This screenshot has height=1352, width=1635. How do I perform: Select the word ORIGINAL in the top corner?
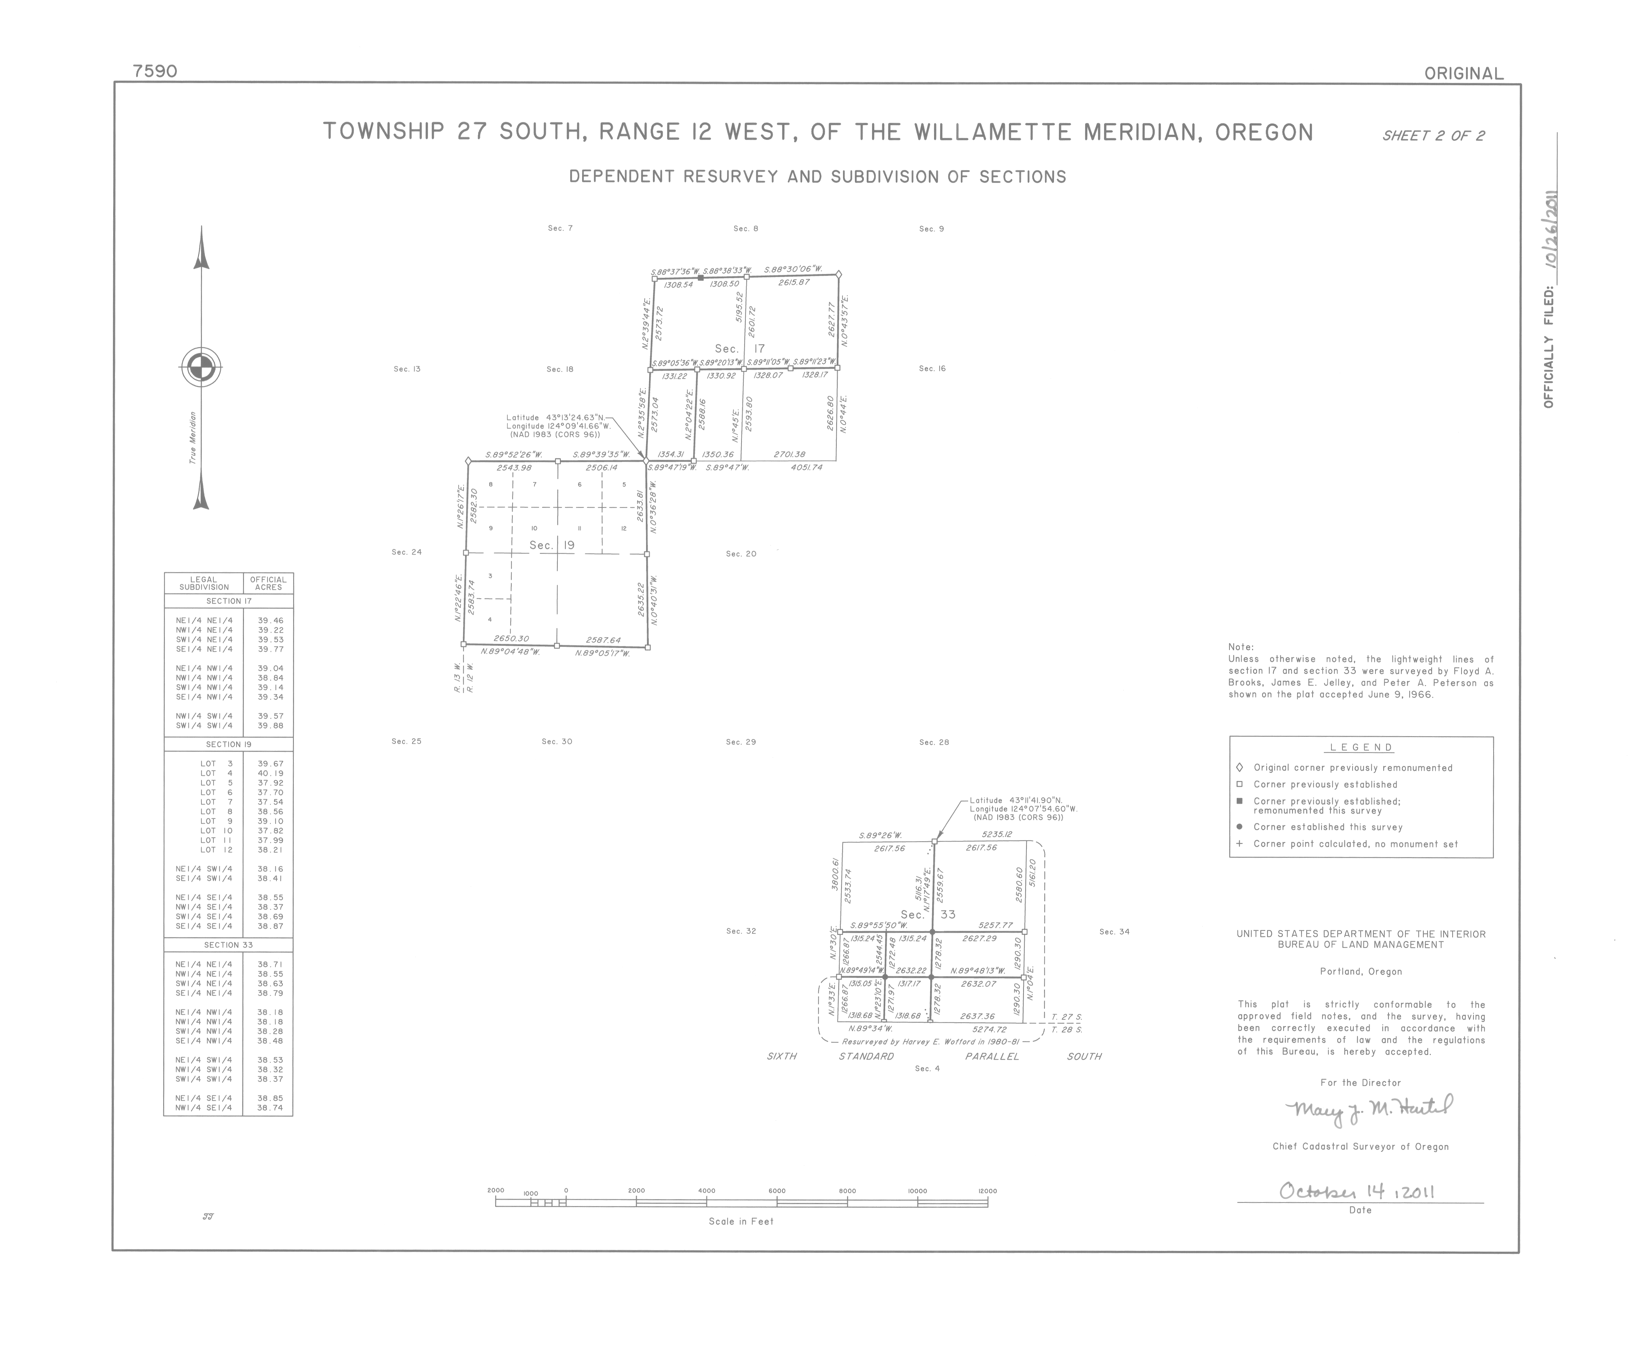(1463, 74)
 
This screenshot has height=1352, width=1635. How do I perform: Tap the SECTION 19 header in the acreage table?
(228, 744)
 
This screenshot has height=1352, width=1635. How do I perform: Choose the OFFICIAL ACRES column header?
(268, 583)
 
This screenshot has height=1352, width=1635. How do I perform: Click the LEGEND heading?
(1360, 747)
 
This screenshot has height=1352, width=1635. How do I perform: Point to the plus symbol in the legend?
(1239, 844)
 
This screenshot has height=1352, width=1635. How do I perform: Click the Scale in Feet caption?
(740, 1221)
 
